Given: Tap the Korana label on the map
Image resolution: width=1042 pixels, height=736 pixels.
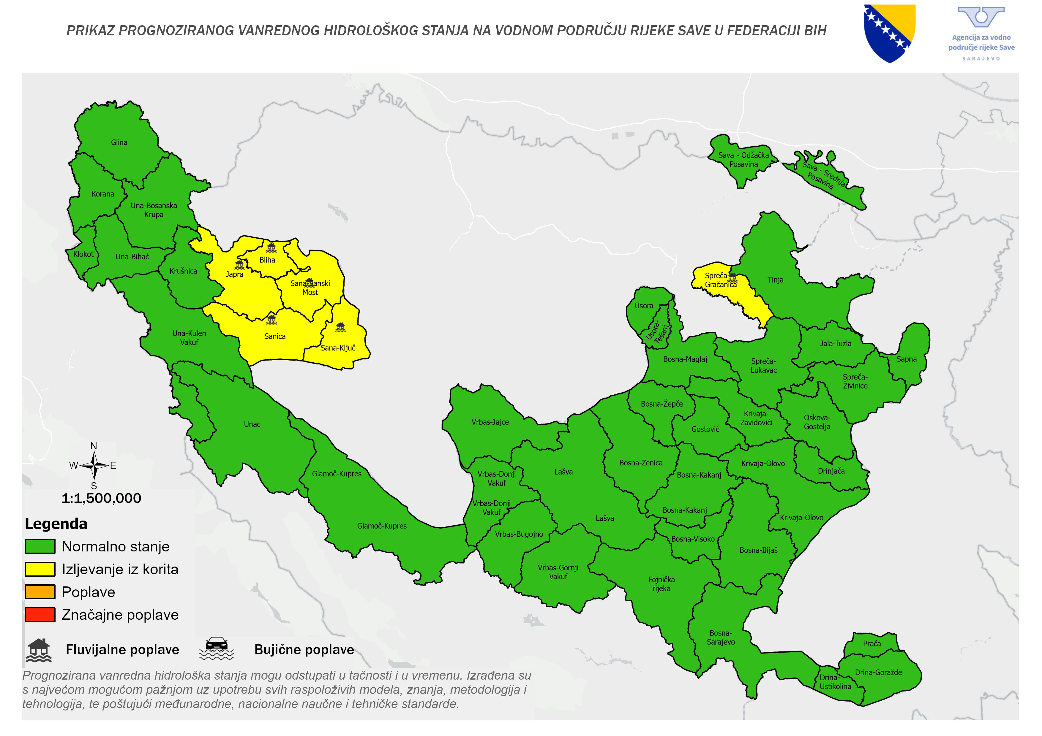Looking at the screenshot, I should point(103,194).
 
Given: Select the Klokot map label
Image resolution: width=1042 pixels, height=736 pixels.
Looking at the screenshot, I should point(83,254).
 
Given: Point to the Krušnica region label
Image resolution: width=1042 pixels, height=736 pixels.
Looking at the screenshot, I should point(183,271).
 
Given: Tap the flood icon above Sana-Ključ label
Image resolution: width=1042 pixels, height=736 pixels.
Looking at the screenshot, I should point(340,327).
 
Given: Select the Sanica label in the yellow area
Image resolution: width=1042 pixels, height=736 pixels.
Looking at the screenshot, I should point(275,337).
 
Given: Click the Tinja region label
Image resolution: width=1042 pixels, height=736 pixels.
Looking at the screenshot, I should point(775,280).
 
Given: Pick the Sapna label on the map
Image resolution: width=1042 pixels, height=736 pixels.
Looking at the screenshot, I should point(906,359).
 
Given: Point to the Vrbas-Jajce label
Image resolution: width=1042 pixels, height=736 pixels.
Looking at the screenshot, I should point(490,422).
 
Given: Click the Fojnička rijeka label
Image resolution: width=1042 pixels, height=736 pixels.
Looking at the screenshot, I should point(661,584).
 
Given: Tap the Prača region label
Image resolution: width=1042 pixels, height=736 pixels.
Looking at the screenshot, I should point(872,643).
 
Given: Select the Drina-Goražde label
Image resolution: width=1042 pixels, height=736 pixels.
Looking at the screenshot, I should point(878,672).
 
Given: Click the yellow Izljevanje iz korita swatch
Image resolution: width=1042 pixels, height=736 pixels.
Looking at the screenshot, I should point(40,569).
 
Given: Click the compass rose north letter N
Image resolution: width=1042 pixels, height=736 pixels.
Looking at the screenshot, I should point(94,446).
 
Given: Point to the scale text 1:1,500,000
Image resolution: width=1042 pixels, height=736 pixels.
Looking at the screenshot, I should point(101,498).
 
